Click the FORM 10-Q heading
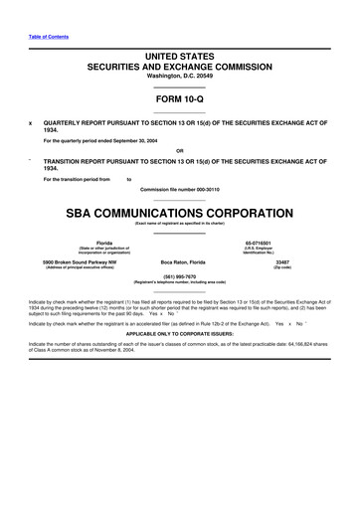pos(180,99)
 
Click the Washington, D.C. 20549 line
pos(180,76)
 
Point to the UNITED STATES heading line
pos(180,55)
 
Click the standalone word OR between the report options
pos(180,150)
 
